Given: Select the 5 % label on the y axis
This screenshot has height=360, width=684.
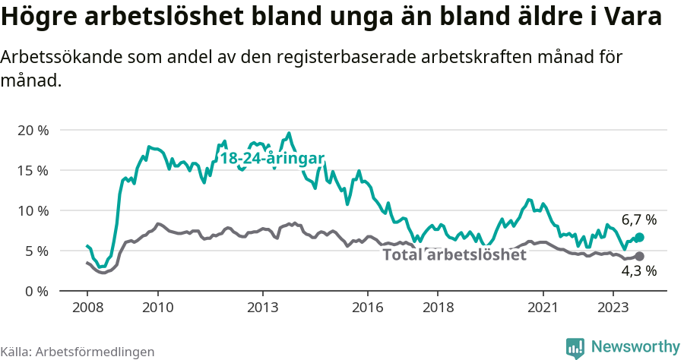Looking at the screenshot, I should (x=36, y=251).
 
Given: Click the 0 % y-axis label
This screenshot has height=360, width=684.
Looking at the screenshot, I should (x=36, y=291).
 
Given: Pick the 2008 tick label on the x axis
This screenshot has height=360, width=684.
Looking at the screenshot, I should (x=87, y=308).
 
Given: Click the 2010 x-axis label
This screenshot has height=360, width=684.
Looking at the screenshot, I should (x=157, y=308).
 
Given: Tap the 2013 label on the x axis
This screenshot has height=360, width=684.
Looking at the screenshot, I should (x=263, y=308).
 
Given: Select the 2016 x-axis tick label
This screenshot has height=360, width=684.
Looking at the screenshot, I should (x=368, y=308).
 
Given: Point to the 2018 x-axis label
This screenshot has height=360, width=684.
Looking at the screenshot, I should (x=438, y=308).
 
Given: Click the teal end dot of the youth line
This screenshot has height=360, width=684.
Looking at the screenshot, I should (x=640, y=237).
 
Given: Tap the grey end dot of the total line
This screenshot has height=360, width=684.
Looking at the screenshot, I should (x=640, y=257).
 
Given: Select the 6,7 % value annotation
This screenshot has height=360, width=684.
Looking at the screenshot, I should (x=638, y=219).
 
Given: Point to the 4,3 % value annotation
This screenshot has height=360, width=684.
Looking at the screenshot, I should (x=638, y=271).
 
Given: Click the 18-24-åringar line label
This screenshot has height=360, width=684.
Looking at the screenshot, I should (x=272, y=158).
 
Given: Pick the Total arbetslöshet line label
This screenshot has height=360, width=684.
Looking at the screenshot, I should (x=454, y=254).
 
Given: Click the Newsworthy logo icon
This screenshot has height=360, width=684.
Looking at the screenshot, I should (x=575, y=347).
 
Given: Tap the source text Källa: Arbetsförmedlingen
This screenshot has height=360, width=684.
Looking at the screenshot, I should (x=78, y=352).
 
